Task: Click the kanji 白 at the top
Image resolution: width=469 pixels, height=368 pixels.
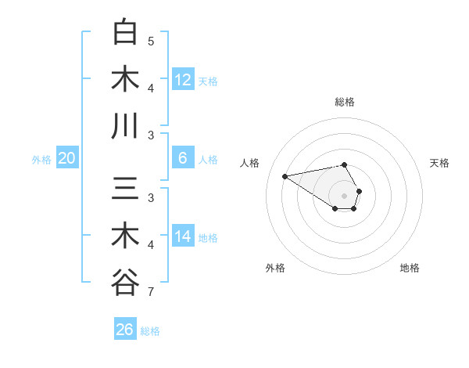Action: pos(126,32)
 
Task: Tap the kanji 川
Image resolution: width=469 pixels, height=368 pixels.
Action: pos(126,125)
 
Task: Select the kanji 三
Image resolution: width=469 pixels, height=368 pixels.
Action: pos(126,189)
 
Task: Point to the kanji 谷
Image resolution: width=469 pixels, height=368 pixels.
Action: pos(126,282)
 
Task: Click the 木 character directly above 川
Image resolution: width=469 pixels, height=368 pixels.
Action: pos(126,79)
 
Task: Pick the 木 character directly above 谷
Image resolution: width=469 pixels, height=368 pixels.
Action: pos(126,236)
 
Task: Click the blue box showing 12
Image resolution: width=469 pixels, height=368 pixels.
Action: pos(183,80)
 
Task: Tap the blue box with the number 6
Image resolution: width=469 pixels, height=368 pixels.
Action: pos(183,158)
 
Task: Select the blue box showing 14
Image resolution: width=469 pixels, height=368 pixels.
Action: pos(183,236)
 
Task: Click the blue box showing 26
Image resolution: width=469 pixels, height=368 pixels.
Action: pos(125,330)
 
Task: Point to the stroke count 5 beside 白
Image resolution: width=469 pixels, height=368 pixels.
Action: pos(151,41)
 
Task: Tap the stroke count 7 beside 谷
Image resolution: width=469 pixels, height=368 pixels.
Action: pos(151,293)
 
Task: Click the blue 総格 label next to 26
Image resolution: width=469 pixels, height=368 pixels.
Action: pos(150,331)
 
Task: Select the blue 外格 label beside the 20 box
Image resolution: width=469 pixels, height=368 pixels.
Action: pos(41,160)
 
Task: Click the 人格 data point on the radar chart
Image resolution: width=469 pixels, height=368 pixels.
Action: pos(285,175)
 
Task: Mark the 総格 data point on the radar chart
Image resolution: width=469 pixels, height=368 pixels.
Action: pos(345,164)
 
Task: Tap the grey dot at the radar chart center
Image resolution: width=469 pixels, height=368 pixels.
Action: pos(345,195)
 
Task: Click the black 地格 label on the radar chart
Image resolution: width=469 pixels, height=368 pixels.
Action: pos(410,268)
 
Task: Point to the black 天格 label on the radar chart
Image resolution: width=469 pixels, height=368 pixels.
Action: pos(439,163)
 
